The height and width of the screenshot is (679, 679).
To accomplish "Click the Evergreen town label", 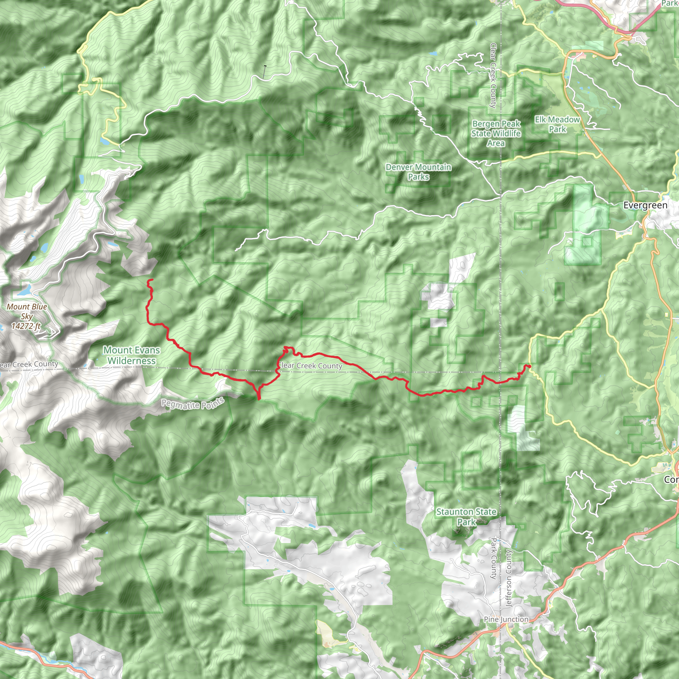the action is point(645,206).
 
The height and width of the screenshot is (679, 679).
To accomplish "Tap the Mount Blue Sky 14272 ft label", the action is point(27,316).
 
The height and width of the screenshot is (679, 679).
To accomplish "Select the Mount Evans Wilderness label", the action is point(131,355).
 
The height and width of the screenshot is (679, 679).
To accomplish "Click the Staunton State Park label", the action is point(466,517).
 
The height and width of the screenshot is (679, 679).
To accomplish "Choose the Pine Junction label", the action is point(506,620).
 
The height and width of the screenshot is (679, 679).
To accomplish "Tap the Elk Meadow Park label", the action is point(557,124).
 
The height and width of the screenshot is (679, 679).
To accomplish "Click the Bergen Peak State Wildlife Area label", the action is point(496,134).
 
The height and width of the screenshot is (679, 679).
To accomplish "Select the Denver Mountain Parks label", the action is point(418,172).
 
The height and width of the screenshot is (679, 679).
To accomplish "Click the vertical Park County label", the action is point(493,558).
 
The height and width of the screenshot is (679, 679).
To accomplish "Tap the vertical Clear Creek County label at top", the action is point(493,75).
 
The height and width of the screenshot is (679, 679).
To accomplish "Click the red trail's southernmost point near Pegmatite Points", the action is point(259,399).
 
